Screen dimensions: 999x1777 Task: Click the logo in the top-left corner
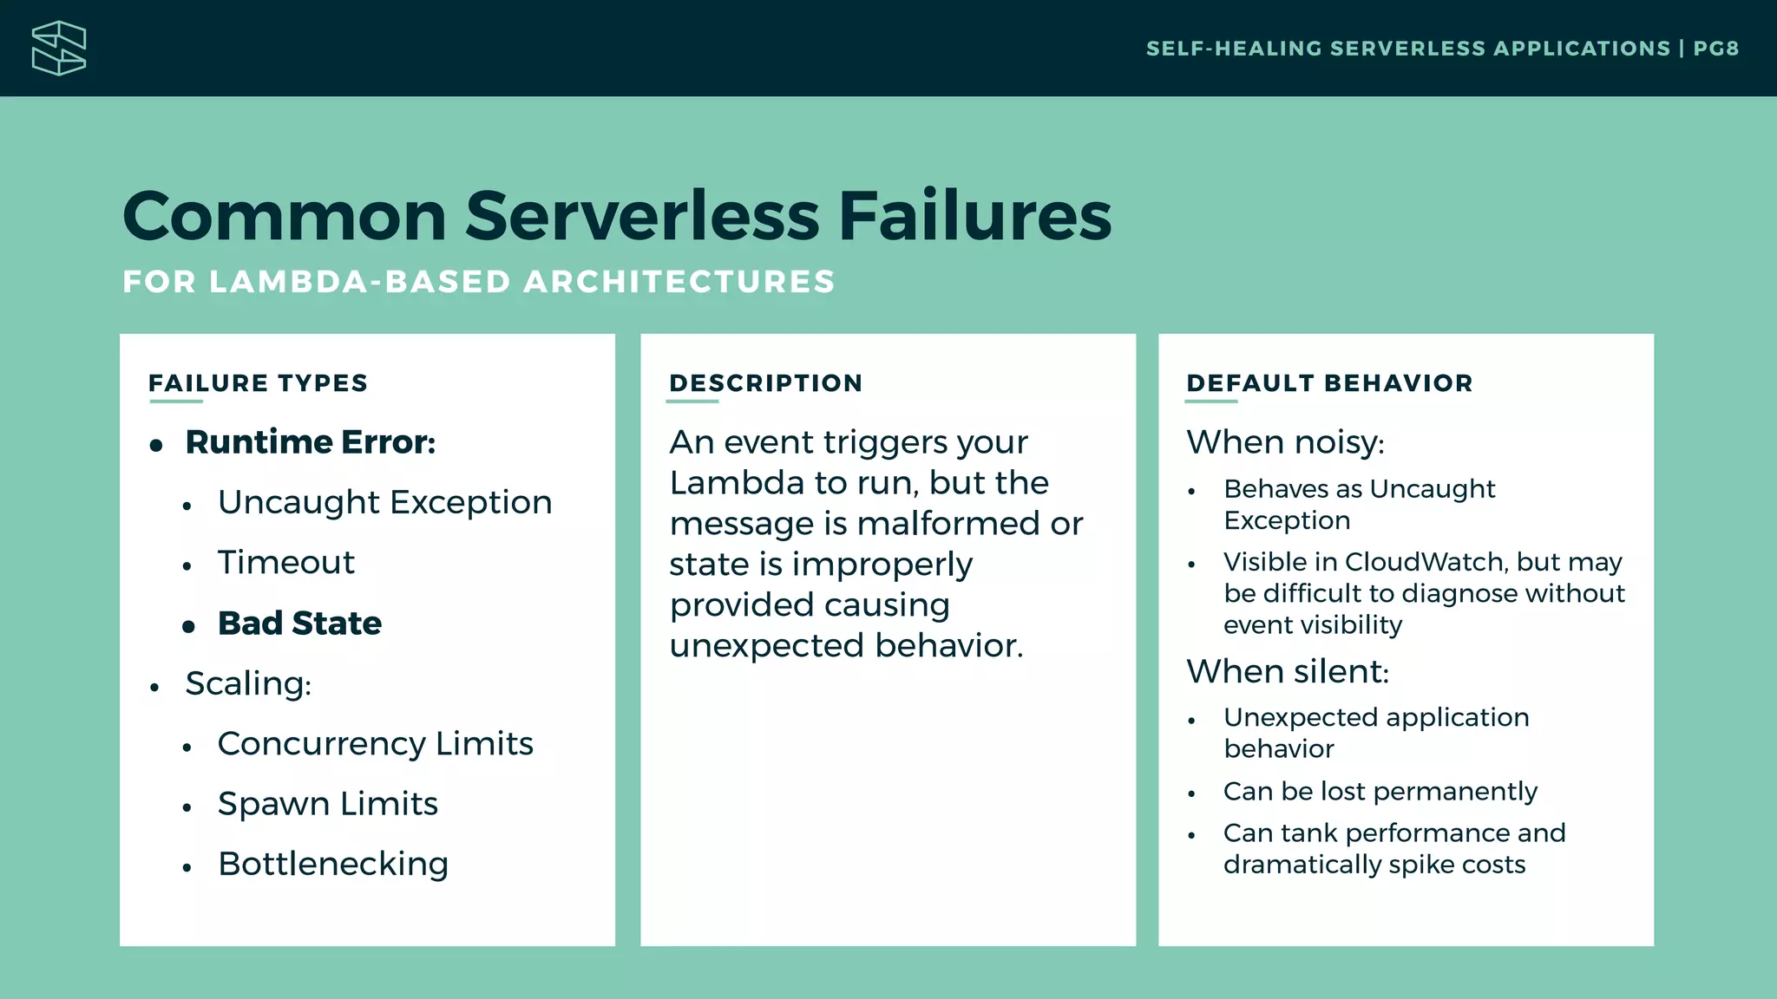[59, 49]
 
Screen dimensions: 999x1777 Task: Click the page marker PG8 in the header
[1715, 49]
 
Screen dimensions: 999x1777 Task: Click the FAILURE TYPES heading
[258, 383]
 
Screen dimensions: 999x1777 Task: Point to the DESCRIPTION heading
[765, 383]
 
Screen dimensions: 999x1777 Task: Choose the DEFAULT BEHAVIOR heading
[1329, 383]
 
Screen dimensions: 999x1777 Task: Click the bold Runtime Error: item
[310, 442]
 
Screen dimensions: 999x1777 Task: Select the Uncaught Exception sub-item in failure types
[384, 502]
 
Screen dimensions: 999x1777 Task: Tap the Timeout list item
[285, 563]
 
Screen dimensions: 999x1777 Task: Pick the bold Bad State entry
[299, 624]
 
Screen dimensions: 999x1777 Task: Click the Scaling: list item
[248, 683]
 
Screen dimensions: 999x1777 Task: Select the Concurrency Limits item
[375, 744]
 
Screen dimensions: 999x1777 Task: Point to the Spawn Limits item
[327, 804]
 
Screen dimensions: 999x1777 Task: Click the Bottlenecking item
[333, 864]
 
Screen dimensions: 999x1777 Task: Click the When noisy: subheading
[1285, 442]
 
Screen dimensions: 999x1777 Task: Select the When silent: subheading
[1288, 672]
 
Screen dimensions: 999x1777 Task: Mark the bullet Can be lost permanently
[1380, 791]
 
